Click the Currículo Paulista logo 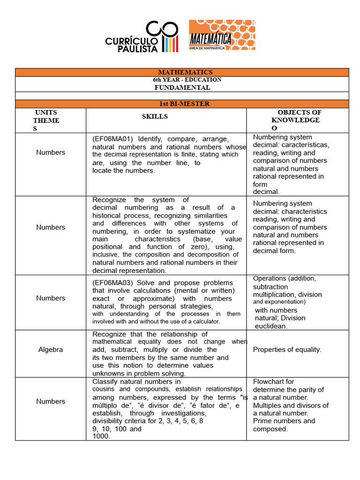pos(142,37)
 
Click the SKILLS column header pos(155,116)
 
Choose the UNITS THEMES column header pos(46,120)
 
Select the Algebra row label pos(51,350)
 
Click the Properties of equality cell pos(287,350)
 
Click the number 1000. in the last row pos(101,436)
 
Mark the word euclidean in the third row pos(271,326)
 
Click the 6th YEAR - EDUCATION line pos(184,80)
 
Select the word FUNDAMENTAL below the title pos(182,88)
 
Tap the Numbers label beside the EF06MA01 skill pos(51,152)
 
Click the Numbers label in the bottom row pos(51,401)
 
